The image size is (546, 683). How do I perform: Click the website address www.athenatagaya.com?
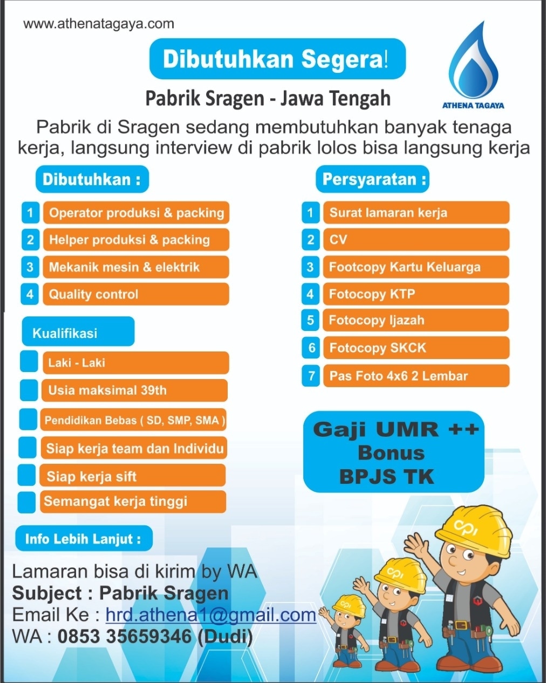pyautogui.click(x=99, y=24)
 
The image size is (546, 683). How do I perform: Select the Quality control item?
pyautogui.click(x=135, y=294)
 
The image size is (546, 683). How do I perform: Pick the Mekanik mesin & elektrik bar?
pyautogui.click(x=135, y=267)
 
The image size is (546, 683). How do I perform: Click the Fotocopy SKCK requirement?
pyautogui.click(x=415, y=348)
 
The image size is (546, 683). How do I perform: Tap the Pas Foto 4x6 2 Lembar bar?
pyautogui.click(x=415, y=376)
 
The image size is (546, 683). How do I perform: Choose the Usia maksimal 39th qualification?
pyautogui.click(x=134, y=390)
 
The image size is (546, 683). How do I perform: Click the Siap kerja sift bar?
pyautogui.click(x=132, y=476)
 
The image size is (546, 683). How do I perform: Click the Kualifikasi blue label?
pyautogui.click(x=78, y=332)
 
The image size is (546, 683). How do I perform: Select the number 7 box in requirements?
pyautogui.click(x=311, y=376)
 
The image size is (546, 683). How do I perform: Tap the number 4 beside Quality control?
pyautogui.click(x=30, y=294)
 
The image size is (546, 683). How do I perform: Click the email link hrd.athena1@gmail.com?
pyautogui.click(x=210, y=615)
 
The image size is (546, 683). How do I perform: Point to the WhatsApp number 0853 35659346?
pyautogui.click(x=125, y=637)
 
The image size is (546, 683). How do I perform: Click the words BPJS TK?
pyautogui.click(x=386, y=477)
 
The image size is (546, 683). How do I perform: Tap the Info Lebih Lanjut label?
pyautogui.click(x=84, y=539)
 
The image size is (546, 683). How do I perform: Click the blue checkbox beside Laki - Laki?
pyautogui.click(x=29, y=362)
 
